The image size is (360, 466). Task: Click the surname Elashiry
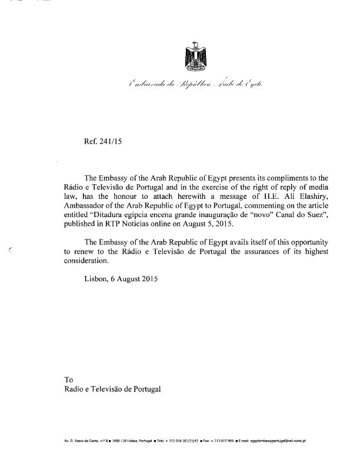tap(308, 196)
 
